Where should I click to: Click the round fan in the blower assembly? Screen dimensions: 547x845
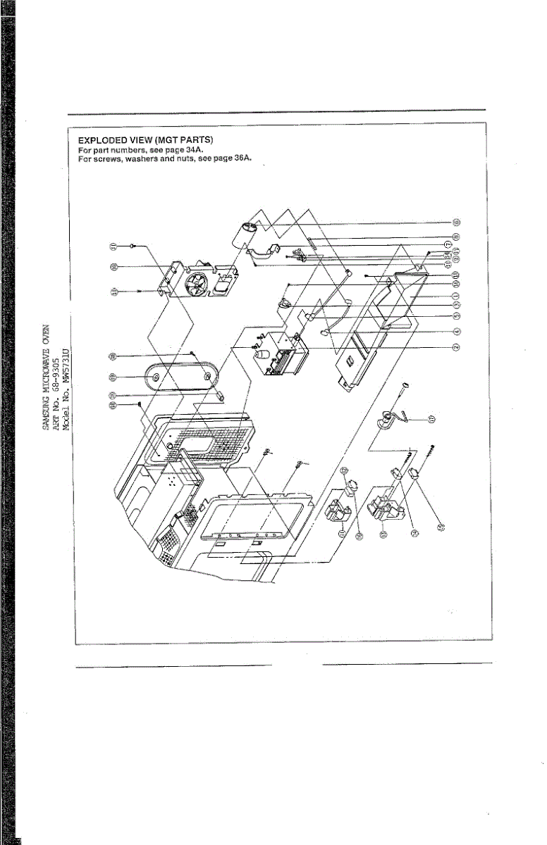[199, 287]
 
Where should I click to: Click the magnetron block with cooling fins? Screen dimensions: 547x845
[282, 359]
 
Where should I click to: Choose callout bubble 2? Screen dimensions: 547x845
[456, 346]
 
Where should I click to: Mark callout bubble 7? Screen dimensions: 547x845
[456, 243]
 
